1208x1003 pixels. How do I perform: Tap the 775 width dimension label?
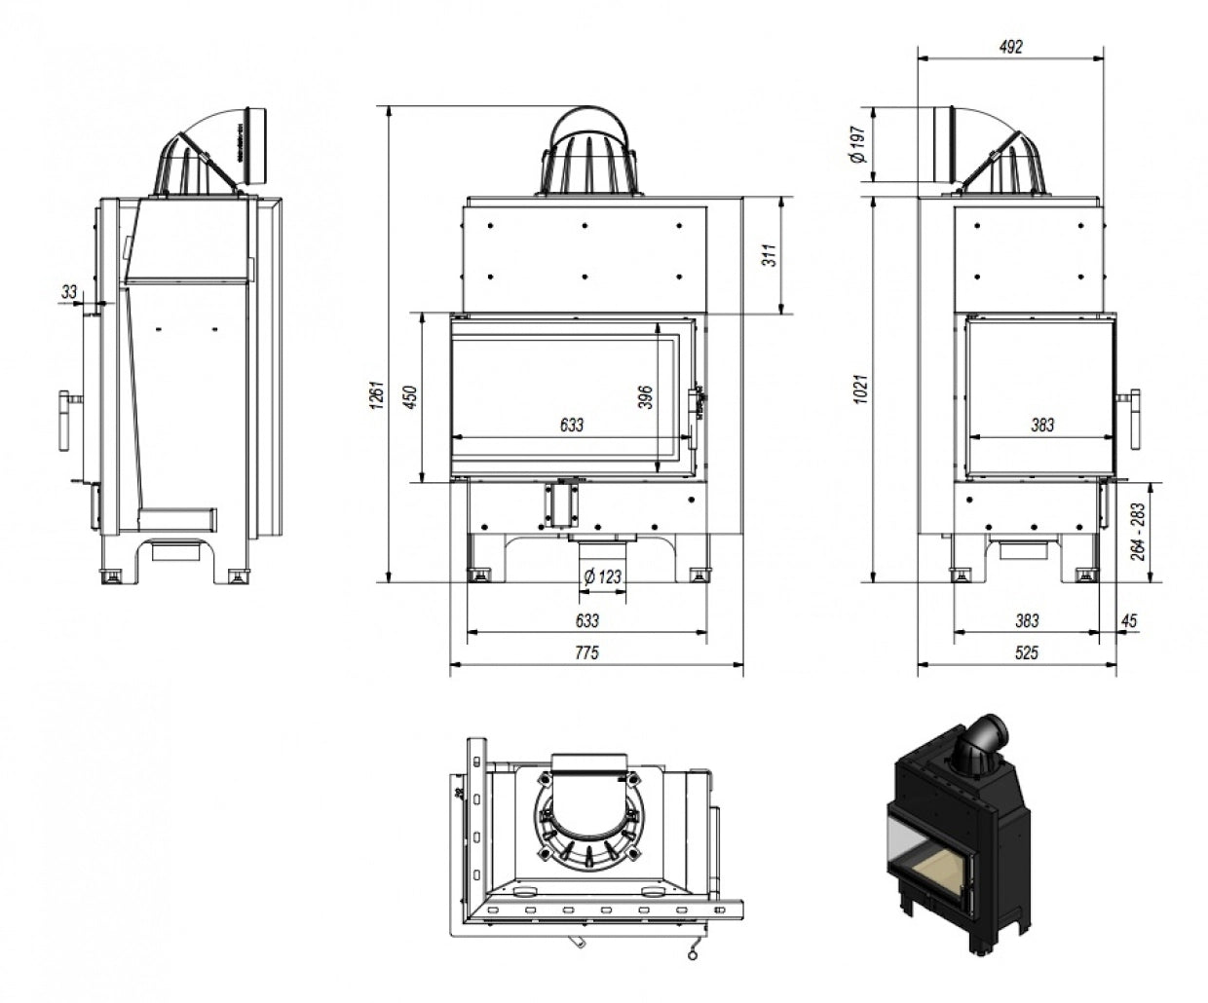[x=586, y=653]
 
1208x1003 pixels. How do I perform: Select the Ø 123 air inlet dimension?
[x=601, y=576]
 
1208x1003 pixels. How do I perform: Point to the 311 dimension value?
[x=770, y=255]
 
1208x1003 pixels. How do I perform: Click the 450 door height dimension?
[x=411, y=396]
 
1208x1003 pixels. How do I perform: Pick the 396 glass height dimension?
[x=646, y=396]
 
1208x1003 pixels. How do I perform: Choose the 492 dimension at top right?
[x=1011, y=47]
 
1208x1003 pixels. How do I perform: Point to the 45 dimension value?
[x=1129, y=620]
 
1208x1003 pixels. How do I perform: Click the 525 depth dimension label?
[x=1025, y=653]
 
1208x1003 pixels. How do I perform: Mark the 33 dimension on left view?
[x=68, y=290]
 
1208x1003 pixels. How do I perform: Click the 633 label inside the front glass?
[x=572, y=425]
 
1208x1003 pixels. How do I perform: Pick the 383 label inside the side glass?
[x=1041, y=425]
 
